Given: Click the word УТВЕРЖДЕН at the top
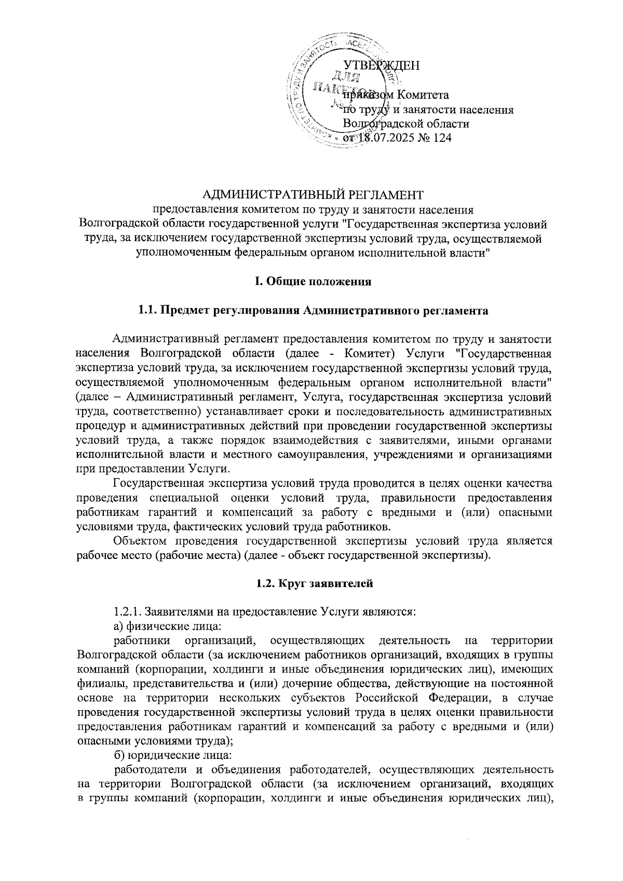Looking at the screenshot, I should pyautogui.click(x=382, y=65).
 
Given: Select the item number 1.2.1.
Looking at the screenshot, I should pyautogui.click(x=127, y=612).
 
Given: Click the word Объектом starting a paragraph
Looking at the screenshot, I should pyautogui.click(x=141, y=541).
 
